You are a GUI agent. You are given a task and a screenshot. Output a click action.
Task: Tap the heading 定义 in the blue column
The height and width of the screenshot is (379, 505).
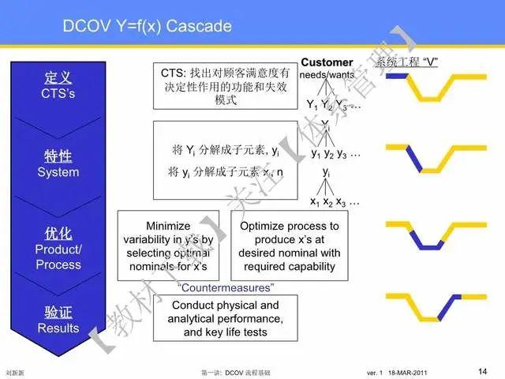click(59, 78)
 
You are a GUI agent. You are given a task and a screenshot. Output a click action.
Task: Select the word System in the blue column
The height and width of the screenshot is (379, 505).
click(59, 171)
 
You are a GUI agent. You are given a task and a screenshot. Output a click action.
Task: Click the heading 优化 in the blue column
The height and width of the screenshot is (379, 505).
click(59, 234)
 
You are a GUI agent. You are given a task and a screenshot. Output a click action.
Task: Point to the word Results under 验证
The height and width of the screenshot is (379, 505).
click(59, 328)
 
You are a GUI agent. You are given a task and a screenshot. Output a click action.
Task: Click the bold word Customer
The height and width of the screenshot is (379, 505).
click(327, 62)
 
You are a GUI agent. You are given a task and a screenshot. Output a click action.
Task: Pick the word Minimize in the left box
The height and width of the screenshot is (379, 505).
click(169, 225)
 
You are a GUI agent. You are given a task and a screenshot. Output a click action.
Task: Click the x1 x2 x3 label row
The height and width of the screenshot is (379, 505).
click(335, 202)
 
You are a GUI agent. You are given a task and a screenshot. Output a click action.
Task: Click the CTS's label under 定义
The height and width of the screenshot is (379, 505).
click(59, 93)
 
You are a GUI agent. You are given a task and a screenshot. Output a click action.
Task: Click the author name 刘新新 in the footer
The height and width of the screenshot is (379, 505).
click(13, 371)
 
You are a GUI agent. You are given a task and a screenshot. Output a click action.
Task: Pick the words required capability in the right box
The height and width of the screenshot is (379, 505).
click(290, 266)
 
